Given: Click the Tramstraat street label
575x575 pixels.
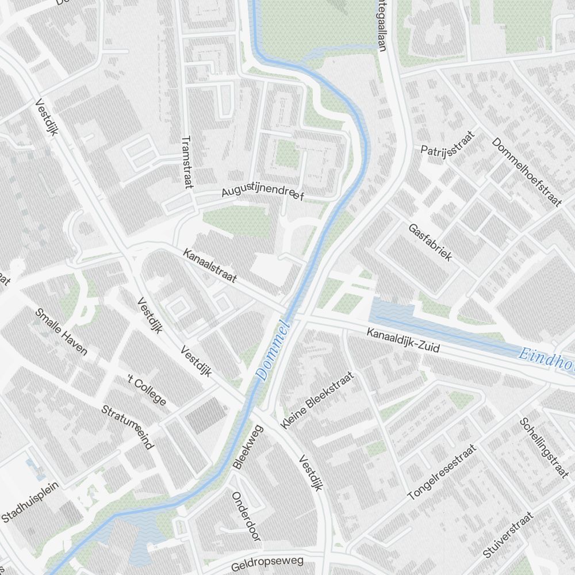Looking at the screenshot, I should click(186, 162).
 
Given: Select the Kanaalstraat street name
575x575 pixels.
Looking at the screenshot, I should click(210, 265).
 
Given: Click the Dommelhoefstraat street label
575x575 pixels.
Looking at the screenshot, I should click(526, 172).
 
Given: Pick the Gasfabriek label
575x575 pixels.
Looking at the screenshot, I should click(430, 242).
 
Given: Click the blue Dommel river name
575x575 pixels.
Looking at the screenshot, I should click(273, 350).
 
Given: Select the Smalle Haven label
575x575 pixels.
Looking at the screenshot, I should click(61, 332).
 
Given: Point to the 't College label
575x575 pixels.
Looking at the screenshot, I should click(147, 390).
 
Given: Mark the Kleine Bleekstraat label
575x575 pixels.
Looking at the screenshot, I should click(317, 400).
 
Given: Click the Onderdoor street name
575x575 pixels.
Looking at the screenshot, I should click(246, 516).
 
